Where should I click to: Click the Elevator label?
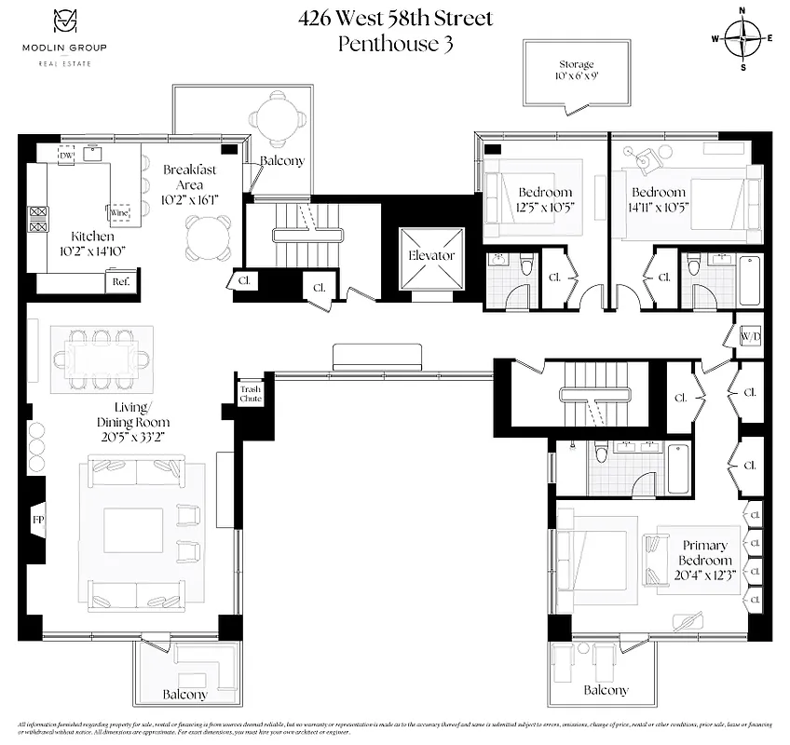(431, 255)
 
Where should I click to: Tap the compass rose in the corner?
(742, 38)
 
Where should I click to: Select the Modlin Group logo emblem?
(63, 21)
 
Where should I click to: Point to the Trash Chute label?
(252, 393)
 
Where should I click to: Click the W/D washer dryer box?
(751, 336)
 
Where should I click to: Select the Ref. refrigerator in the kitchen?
(121, 280)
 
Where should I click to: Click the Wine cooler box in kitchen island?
(120, 213)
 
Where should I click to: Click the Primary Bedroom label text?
(705, 553)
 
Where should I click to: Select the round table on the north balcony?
(277, 118)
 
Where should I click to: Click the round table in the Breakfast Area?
(208, 237)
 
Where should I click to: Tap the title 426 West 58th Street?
(395, 18)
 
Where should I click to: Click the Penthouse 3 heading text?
(395, 43)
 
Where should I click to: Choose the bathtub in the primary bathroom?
(678, 468)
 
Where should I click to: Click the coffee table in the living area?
(133, 530)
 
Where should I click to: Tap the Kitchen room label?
(73, 237)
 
